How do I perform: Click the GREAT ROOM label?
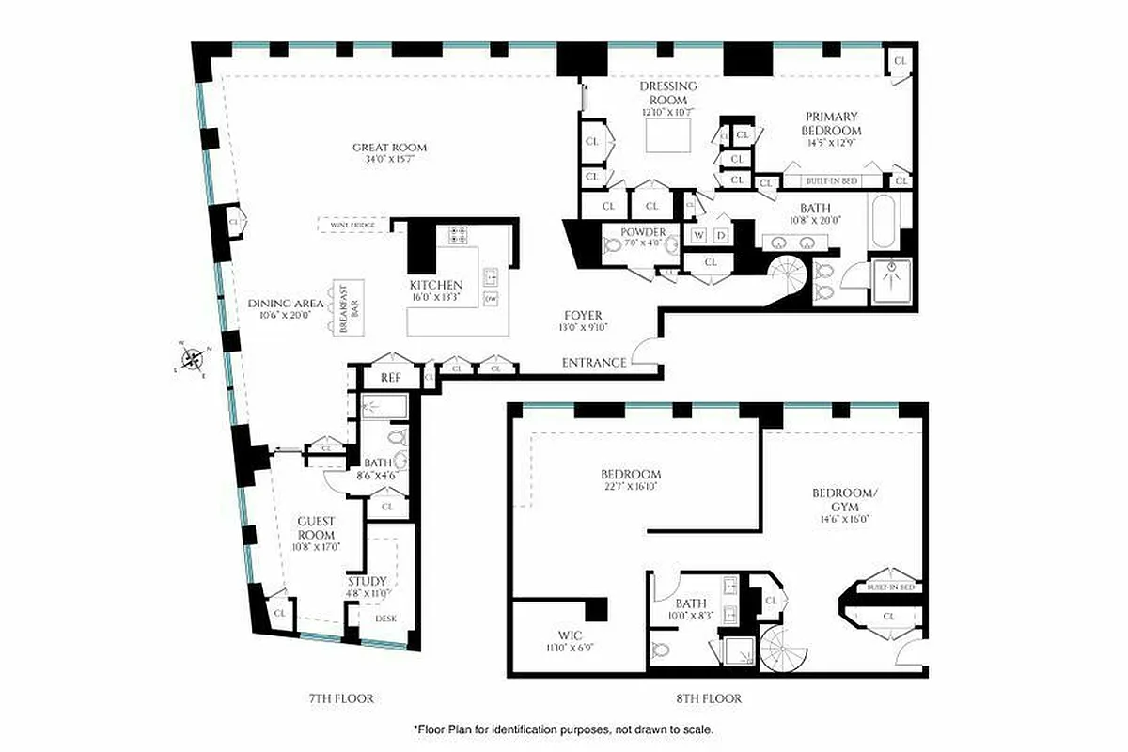pos(389,148)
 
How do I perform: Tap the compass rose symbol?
pos(192,358)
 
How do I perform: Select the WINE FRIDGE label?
pos(352,226)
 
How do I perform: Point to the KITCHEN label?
pos(435,285)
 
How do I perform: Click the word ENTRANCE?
pos(593,363)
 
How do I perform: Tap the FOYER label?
pos(583,315)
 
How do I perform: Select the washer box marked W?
pos(698,234)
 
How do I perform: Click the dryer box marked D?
pos(721,234)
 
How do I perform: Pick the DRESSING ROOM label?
pos(668,92)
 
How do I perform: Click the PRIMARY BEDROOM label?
pos(831,123)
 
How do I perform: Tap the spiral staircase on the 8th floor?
pos(784,650)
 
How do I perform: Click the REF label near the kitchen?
pos(390,378)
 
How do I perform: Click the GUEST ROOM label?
pos(316,527)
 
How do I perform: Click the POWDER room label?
pos(643,232)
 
